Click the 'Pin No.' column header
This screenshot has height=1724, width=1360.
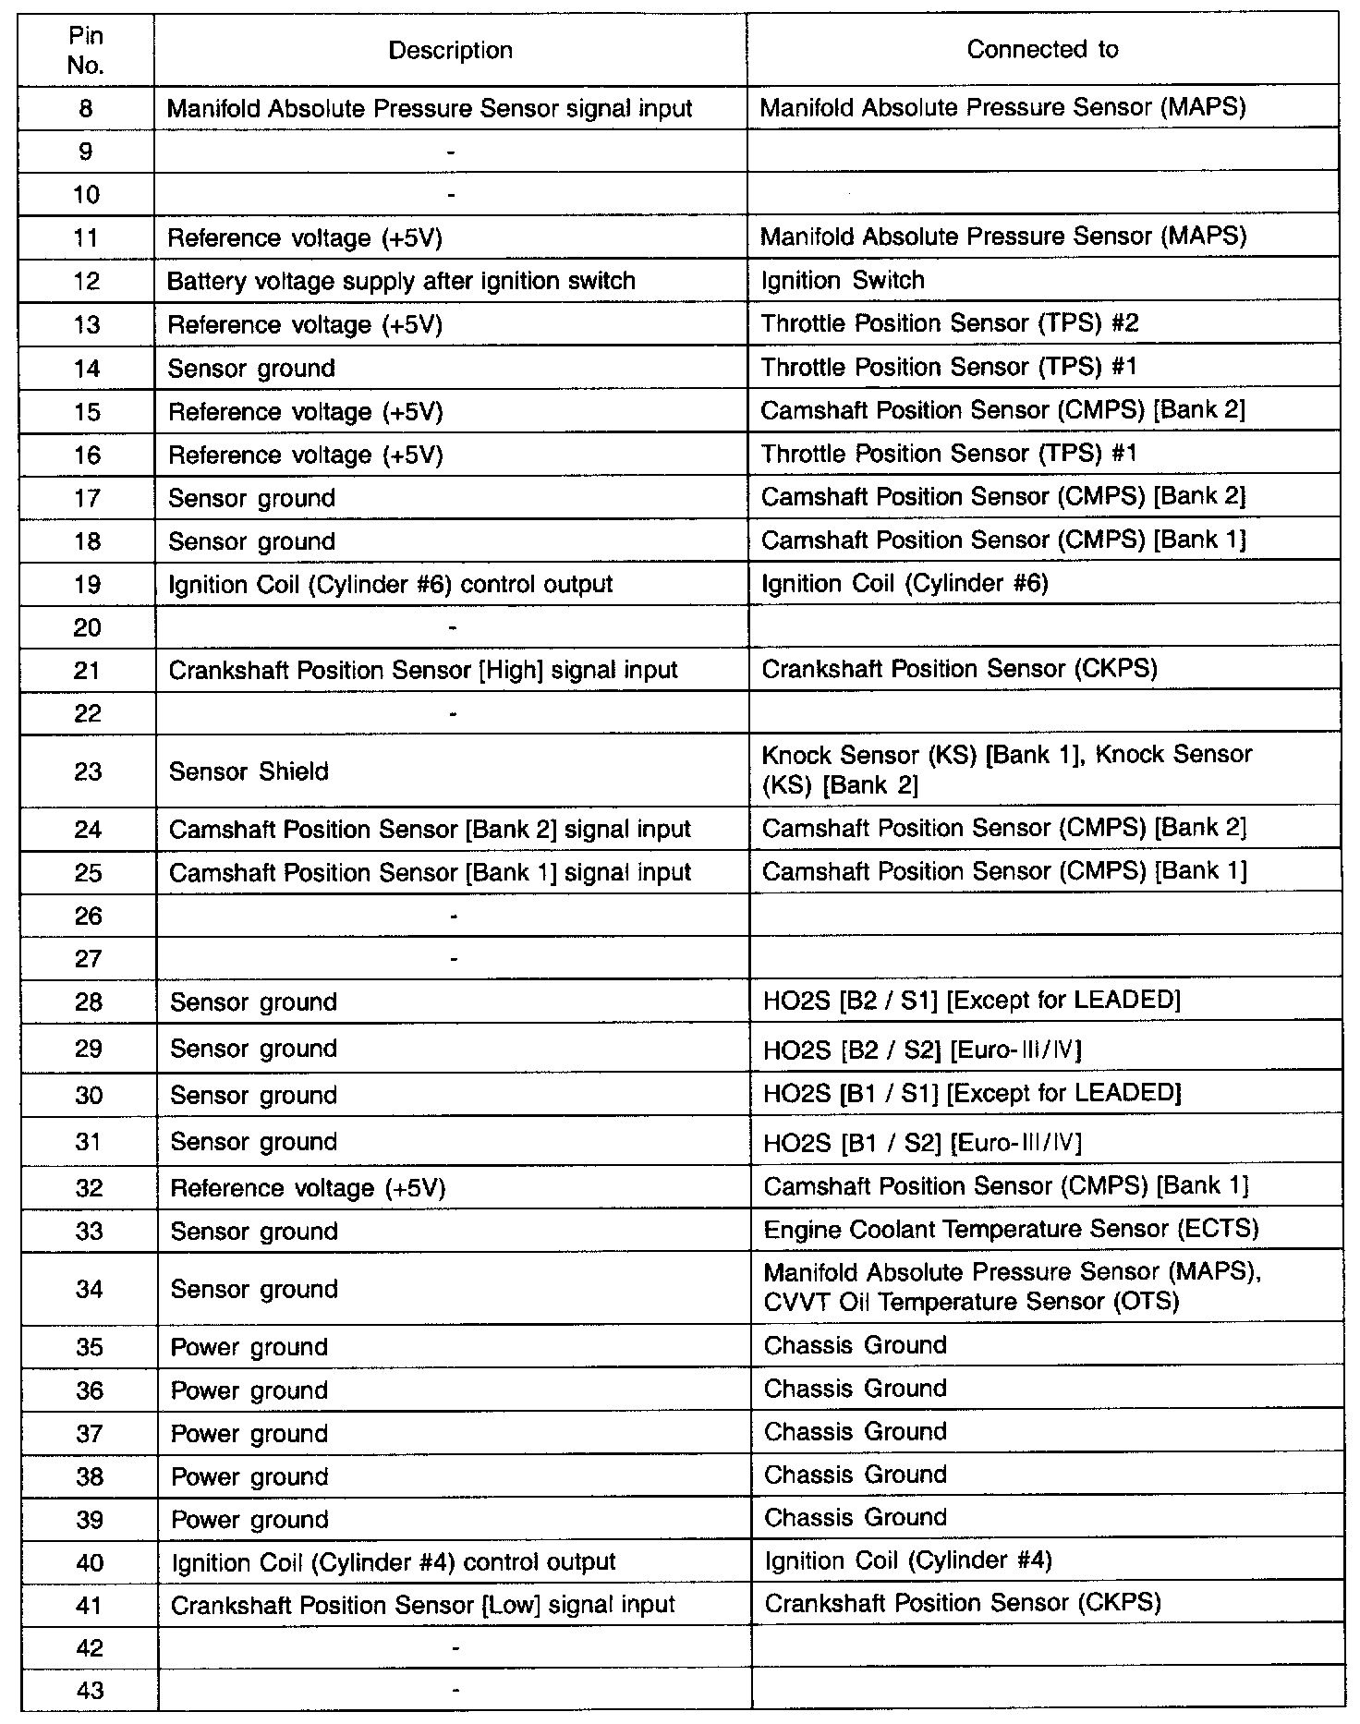pos(86,51)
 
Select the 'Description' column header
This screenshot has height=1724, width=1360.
pos(450,51)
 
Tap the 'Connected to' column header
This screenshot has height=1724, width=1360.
pos(1042,50)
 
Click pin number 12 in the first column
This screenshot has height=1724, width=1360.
pos(86,282)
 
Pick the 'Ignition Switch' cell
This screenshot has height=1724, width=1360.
pos(843,281)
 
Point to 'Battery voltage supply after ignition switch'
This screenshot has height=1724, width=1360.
pos(401,282)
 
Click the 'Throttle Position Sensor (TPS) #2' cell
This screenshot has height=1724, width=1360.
pos(950,324)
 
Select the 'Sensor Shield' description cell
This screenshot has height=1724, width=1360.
pos(249,771)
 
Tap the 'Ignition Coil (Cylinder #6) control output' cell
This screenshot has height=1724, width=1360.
pos(391,585)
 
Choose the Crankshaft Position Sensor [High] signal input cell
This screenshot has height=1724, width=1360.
pos(423,671)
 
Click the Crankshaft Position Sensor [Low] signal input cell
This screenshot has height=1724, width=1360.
pos(423,1606)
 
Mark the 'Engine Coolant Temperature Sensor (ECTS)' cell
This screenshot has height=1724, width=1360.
pos(1011,1230)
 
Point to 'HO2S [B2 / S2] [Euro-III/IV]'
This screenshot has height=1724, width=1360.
pos(922,1050)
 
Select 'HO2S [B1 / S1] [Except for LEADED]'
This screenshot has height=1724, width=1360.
pos(972,1094)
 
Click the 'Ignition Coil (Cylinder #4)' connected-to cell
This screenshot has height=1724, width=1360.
pos(908,1561)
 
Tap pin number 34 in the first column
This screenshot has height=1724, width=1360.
pos(89,1289)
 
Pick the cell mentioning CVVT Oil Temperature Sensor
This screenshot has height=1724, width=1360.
pos(1013,1287)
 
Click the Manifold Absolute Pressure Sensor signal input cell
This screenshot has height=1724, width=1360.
pos(430,109)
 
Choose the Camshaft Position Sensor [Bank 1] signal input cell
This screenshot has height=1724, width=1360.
pos(430,873)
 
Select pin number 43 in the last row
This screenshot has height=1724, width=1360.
pos(90,1691)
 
